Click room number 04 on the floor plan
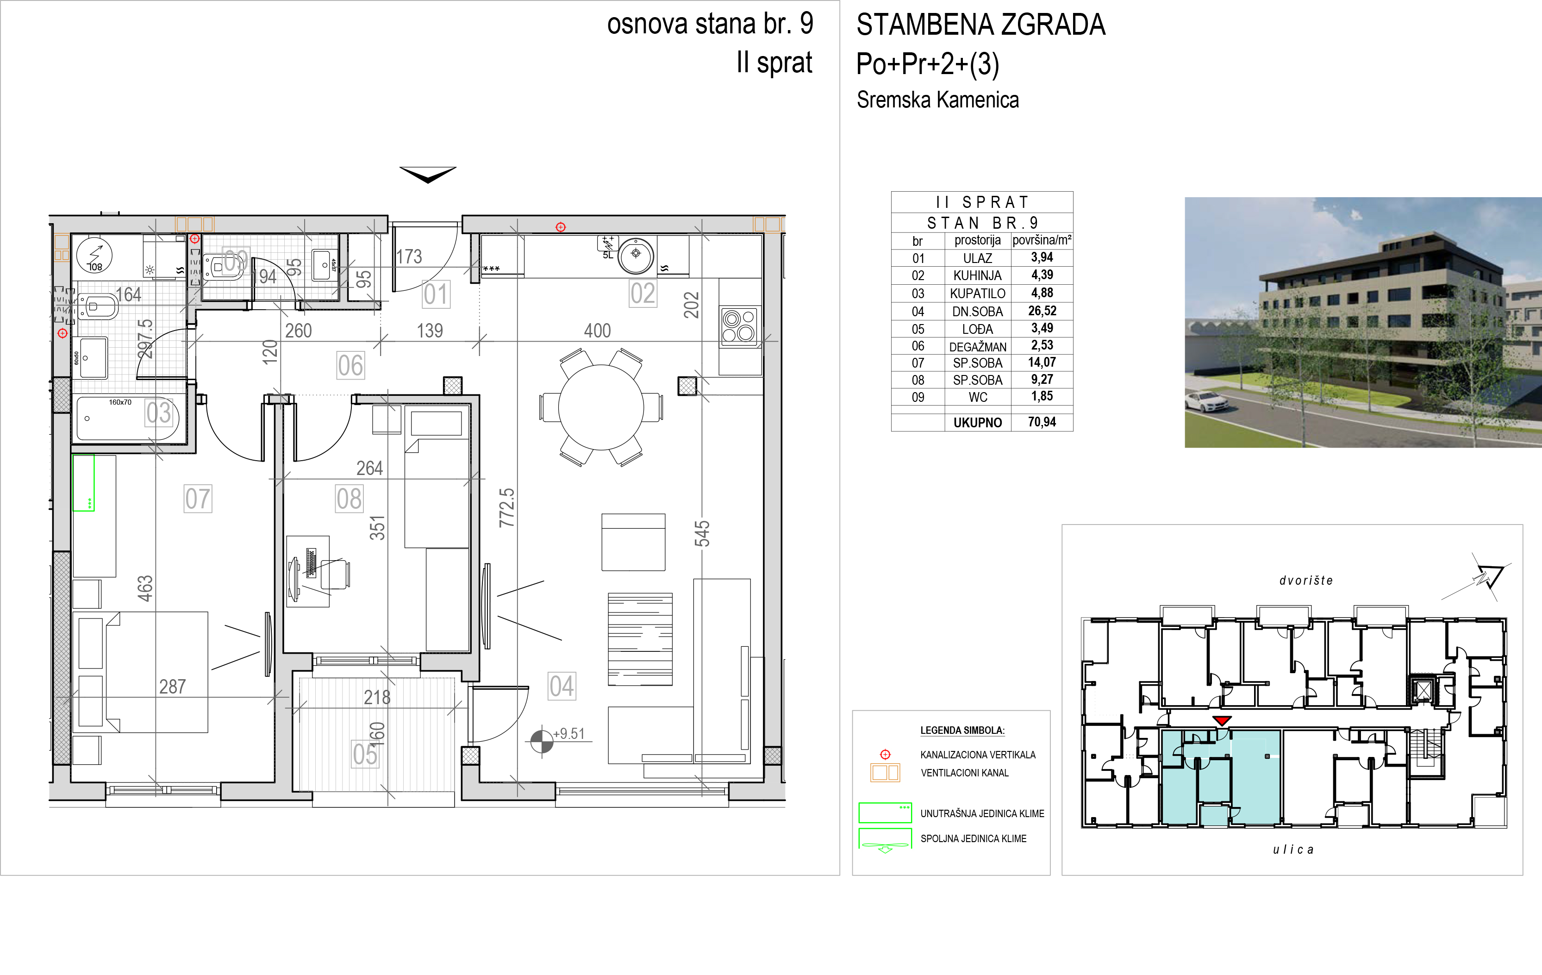click(x=562, y=686)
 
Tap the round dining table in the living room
click(x=601, y=407)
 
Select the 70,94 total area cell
click(x=1042, y=422)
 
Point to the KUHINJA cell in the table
click(x=977, y=275)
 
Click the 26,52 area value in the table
click(x=1042, y=311)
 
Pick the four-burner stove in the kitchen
click(x=739, y=326)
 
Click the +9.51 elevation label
click(x=568, y=733)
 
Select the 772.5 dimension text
click(x=506, y=507)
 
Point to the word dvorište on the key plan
click(x=1306, y=581)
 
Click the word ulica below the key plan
click(x=1293, y=850)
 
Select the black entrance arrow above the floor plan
click(x=428, y=174)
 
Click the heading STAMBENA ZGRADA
click(x=980, y=25)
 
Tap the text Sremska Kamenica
click(x=937, y=100)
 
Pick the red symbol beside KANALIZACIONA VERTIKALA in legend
click(x=885, y=755)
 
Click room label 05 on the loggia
click(x=365, y=754)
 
